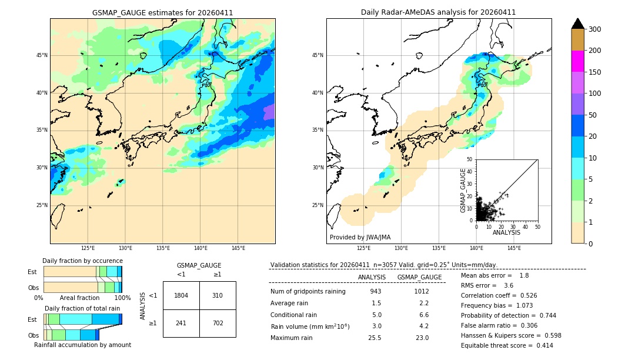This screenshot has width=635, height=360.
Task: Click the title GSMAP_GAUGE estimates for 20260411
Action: point(162,12)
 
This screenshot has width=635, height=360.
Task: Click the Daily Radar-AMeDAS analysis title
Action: point(438,12)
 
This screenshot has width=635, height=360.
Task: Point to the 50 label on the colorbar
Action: point(594,115)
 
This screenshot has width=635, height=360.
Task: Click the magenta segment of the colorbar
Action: point(577,61)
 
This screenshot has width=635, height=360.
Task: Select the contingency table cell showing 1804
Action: point(181,295)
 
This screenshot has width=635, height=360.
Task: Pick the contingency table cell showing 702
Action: point(218,323)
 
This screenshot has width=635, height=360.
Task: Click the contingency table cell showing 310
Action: point(218,295)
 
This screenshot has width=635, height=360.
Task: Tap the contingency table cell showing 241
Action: point(181,323)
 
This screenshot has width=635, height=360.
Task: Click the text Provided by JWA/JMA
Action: point(360,238)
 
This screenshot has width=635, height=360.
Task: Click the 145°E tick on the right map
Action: point(514,248)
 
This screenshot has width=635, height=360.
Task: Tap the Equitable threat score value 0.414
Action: point(541,345)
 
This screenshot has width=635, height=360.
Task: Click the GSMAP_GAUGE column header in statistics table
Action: point(419,277)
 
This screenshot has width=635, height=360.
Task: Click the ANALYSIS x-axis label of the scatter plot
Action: point(506,233)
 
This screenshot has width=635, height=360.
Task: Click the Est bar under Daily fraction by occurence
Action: point(82,272)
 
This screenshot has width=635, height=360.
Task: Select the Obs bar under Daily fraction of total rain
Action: point(71,335)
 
